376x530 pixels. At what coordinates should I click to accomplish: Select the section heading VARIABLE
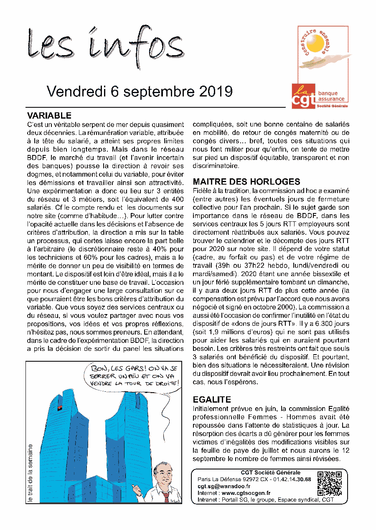point(49,116)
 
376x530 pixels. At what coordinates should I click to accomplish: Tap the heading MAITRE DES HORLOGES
point(246,182)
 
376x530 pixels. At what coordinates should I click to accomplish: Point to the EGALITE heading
point(212,400)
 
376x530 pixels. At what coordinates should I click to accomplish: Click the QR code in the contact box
point(330,483)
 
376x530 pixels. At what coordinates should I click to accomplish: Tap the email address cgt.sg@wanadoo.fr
point(224,486)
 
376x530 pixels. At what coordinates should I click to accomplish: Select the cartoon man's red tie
point(166,497)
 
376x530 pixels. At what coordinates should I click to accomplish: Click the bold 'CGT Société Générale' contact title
point(270,473)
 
